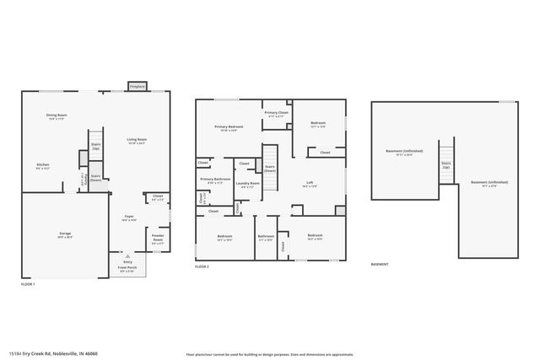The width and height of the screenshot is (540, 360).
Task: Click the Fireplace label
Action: point(137,86)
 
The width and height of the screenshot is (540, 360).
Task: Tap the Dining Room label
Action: point(57,116)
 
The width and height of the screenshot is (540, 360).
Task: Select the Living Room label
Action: point(137,140)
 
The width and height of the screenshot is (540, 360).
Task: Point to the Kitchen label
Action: point(42,164)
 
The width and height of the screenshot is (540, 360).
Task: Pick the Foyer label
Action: point(129,216)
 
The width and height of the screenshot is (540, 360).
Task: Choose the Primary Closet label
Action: point(276,113)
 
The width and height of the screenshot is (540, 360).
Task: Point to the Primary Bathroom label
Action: point(215,179)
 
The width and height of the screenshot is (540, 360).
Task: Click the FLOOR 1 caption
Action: point(28,284)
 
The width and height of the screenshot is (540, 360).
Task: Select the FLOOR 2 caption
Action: point(202,266)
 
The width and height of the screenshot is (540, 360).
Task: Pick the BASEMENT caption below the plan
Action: point(380,264)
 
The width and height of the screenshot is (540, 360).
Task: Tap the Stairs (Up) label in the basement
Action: point(446,164)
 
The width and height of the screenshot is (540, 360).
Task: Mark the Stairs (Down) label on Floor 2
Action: point(270,168)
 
